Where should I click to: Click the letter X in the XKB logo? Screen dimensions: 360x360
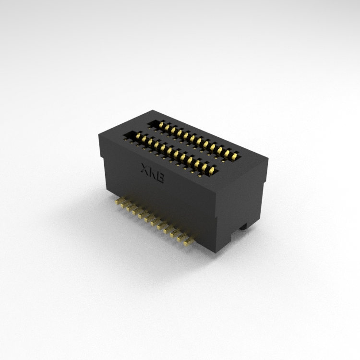click(x=145, y=168)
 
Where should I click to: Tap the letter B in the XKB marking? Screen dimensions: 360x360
click(x=160, y=179)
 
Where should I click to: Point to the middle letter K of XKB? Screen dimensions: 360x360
click(x=153, y=173)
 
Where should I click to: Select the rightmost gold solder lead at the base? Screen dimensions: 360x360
click(x=188, y=241)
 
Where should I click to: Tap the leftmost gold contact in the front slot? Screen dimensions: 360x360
click(x=138, y=137)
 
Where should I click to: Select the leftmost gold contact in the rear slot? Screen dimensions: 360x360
click(x=161, y=126)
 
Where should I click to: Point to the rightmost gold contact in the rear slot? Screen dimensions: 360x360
click(x=234, y=157)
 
